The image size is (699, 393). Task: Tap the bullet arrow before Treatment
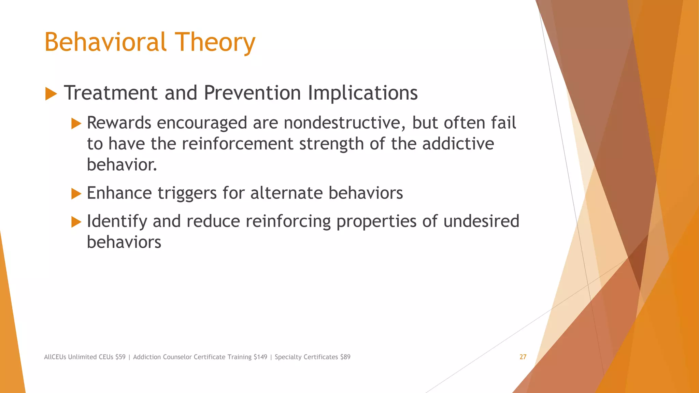(51, 93)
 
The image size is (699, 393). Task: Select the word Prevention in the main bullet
(252, 93)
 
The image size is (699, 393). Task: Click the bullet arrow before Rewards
(76, 123)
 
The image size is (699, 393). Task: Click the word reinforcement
(238, 144)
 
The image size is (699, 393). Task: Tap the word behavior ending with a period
(122, 165)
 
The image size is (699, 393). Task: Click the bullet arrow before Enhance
(76, 194)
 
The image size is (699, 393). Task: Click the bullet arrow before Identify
(76, 222)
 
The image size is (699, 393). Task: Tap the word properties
(376, 222)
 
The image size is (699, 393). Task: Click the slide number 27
(523, 357)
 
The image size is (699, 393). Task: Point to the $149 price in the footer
(260, 357)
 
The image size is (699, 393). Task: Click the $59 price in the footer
(120, 357)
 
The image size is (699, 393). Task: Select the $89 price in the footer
(345, 357)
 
